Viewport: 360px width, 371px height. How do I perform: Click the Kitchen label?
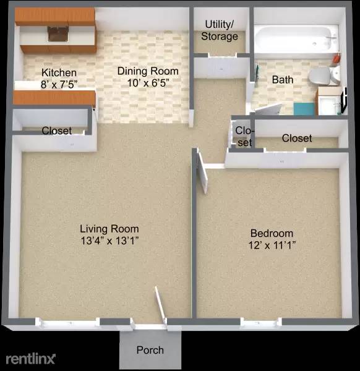[x=59, y=72]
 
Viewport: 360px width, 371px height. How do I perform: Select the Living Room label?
[x=109, y=229]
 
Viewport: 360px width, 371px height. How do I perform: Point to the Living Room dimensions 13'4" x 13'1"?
[x=109, y=241]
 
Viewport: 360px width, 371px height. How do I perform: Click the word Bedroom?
[x=272, y=233]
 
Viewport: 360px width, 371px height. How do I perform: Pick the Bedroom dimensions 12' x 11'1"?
[x=272, y=245]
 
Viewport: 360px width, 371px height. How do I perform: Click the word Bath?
[x=283, y=79]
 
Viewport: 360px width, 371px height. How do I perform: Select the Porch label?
[x=150, y=350]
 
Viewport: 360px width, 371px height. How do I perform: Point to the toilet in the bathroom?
[x=321, y=77]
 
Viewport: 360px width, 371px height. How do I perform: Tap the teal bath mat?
[x=304, y=109]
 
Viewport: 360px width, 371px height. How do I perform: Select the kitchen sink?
[x=59, y=33]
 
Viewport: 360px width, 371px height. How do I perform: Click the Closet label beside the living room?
[x=56, y=131]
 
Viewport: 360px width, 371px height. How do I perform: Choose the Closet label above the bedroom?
[x=297, y=138]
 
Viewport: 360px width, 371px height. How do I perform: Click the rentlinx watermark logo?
[x=31, y=358]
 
